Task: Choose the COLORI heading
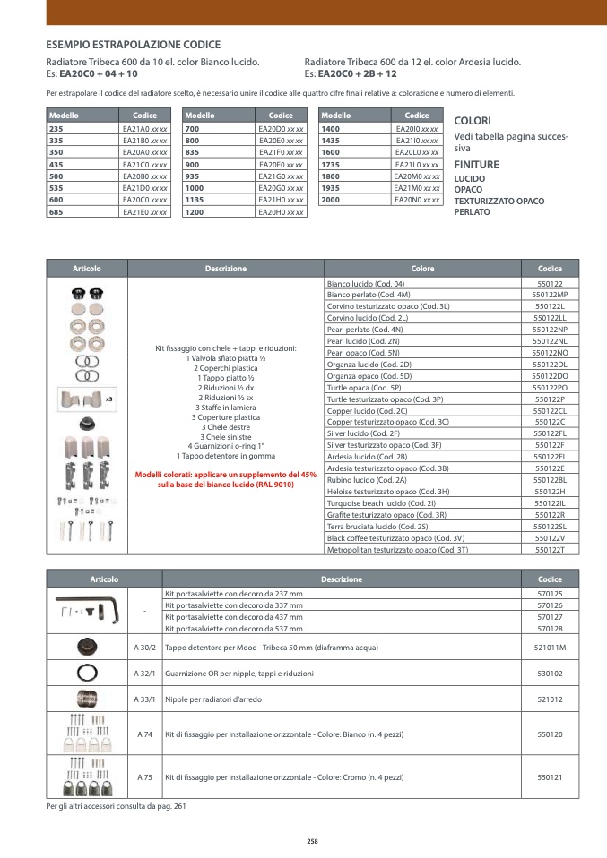click(x=473, y=120)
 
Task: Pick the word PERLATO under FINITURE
click(x=472, y=212)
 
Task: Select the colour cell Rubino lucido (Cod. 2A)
click(x=369, y=481)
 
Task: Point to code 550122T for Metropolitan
click(x=550, y=551)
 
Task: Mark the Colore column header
click(x=422, y=268)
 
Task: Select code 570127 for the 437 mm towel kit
click(x=550, y=617)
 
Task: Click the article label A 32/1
click(x=144, y=673)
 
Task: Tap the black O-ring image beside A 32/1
click(x=87, y=673)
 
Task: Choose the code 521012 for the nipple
click(x=550, y=699)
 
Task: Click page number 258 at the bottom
click(x=312, y=841)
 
